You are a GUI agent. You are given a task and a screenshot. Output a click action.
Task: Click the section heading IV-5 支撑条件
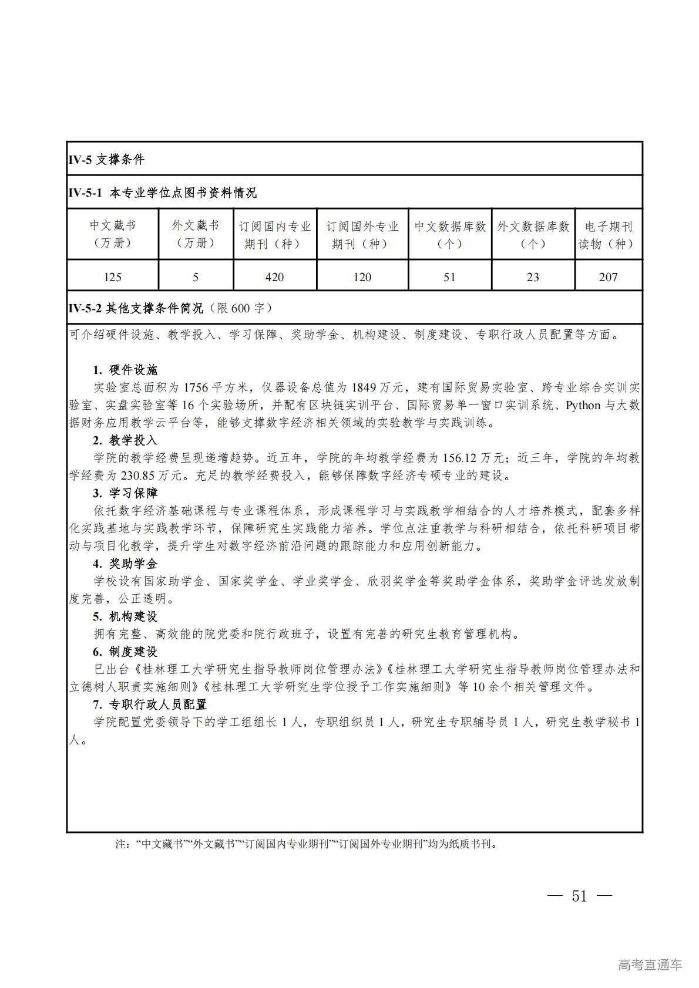106,159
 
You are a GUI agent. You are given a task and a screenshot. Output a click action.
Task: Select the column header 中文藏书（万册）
113,234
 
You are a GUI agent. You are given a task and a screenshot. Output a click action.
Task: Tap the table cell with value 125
113,277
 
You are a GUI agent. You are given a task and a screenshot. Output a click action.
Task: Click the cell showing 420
274,277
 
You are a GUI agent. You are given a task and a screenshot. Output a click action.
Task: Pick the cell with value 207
608,277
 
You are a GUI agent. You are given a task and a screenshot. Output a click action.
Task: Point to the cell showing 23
533,277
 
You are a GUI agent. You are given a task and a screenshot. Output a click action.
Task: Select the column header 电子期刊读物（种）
608,235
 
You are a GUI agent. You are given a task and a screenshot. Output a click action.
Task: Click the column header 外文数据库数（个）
533,235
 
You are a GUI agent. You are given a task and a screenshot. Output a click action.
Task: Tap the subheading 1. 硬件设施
125,370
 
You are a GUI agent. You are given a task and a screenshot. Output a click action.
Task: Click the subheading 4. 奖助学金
125,564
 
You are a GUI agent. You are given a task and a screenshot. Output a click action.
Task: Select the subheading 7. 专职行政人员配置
150,704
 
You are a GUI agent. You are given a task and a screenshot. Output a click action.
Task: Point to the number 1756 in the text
196,387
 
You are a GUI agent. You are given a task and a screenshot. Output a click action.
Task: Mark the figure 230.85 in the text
141,476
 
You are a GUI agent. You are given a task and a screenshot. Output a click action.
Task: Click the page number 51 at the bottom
579,896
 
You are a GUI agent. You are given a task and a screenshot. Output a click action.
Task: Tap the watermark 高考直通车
650,965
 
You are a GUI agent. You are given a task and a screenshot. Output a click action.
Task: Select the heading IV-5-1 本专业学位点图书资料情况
163,193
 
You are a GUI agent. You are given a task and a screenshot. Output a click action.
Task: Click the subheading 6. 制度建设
125,652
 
